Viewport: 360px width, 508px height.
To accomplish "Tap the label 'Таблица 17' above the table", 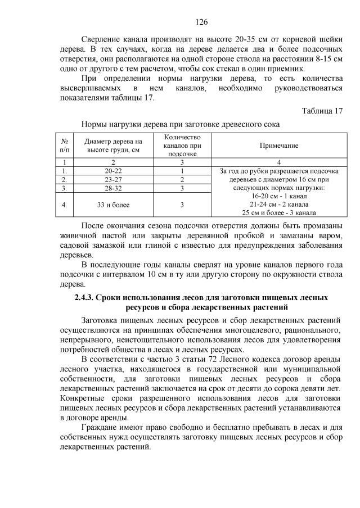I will pyautogui.click(x=322, y=110).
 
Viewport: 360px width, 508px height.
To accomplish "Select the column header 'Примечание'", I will pyautogui.click(x=278, y=146).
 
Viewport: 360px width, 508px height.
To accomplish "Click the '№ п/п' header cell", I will pyautogui.click(x=66, y=146).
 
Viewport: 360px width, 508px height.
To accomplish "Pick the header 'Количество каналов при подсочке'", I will pyautogui.click(x=182, y=146).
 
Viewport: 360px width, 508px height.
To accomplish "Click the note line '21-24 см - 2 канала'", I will pyautogui.click(x=278, y=204).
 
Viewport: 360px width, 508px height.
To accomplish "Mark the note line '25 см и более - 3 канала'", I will pyautogui.click(x=278, y=212).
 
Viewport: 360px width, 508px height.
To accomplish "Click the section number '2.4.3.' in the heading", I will pyautogui.click(x=87, y=297).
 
